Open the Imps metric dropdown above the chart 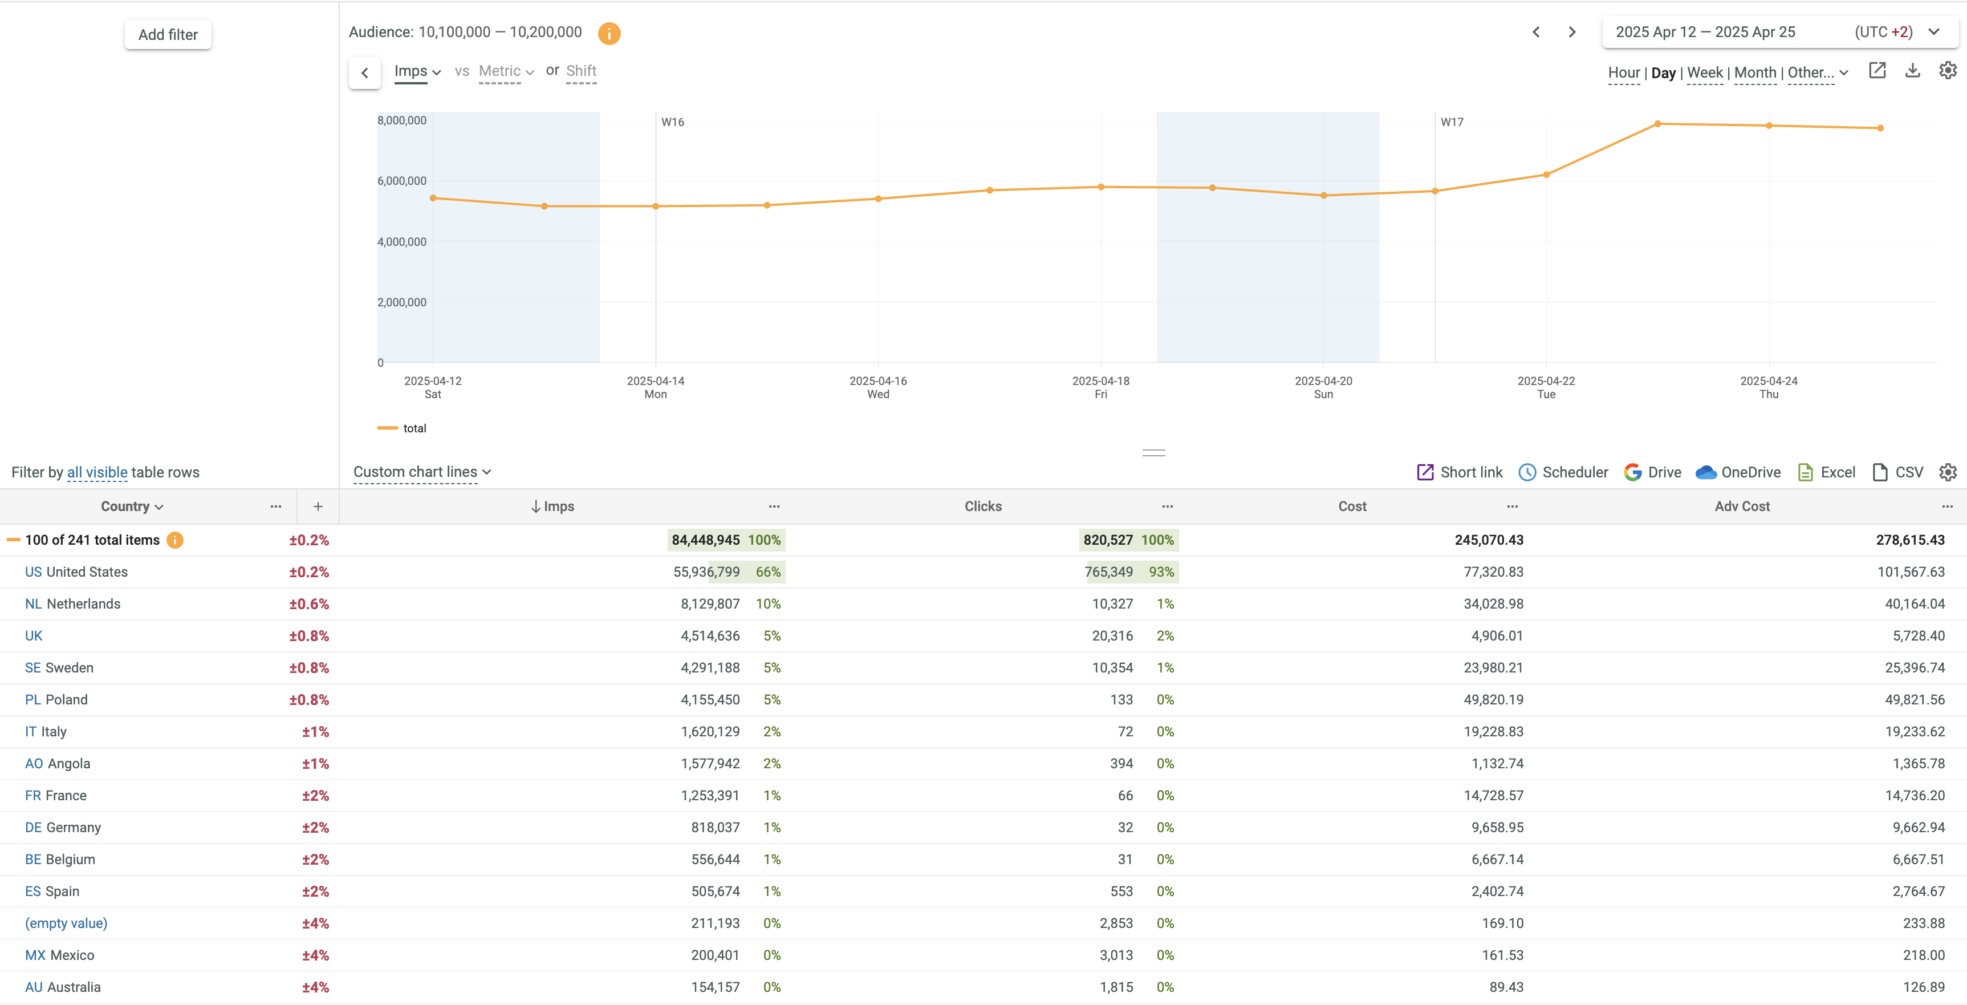417,71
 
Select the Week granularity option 1704,72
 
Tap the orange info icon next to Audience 608,33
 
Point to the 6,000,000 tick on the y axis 401,181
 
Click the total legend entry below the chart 414,428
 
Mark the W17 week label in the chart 1452,122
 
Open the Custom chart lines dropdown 421,472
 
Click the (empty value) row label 67,923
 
